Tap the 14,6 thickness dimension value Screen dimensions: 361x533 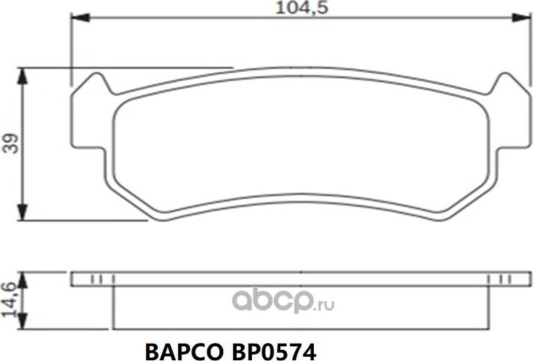10,300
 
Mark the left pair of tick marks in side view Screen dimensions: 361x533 97,279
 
